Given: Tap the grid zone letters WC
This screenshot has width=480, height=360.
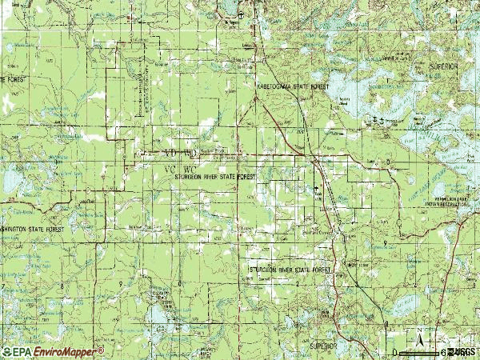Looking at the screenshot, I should coord(190,169).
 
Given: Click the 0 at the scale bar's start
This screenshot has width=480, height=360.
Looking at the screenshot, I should coord(395,352).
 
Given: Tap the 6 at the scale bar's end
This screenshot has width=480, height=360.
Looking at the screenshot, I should coord(442,352).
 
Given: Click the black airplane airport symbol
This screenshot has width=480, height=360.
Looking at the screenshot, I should coord(242,14).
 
